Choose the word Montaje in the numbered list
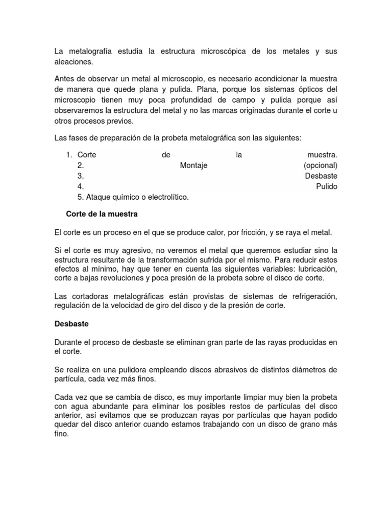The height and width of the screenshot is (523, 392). tap(194, 165)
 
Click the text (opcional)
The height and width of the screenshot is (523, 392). tap(320, 165)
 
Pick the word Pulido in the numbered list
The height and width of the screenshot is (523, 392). tap(327, 186)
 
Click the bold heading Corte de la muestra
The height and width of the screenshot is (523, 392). tap(102, 213)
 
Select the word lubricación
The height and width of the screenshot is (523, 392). tap(315, 269)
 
